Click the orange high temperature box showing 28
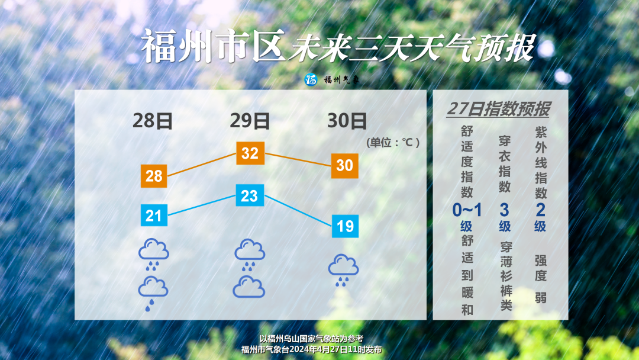pyautogui.click(x=154, y=176)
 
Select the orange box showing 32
pyautogui.click(x=250, y=153)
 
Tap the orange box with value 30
pyautogui.click(x=345, y=166)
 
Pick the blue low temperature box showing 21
pyautogui.click(x=154, y=216)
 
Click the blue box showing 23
pyautogui.click(x=250, y=195)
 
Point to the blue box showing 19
pyautogui.click(x=345, y=226)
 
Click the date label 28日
pyautogui.click(x=153, y=121)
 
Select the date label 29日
pyautogui.click(x=250, y=121)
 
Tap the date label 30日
pyautogui.click(x=347, y=121)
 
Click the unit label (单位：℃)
pyautogui.click(x=393, y=143)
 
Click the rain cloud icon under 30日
pyautogui.click(x=344, y=270)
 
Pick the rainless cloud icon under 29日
pyautogui.click(x=249, y=287)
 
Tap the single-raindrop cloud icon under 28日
pyautogui.click(x=153, y=293)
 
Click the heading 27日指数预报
pyautogui.click(x=498, y=110)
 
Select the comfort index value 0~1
pyautogui.click(x=467, y=210)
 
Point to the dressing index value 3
pyautogui.click(x=505, y=210)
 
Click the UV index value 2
pyautogui.click(x=540, y=210)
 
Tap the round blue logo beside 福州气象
pyautogui.click(x=311, y=79)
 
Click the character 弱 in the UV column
pyautogui.click(x=541, y=298)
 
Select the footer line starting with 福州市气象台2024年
pyautogui.click(x=311, y=350)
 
